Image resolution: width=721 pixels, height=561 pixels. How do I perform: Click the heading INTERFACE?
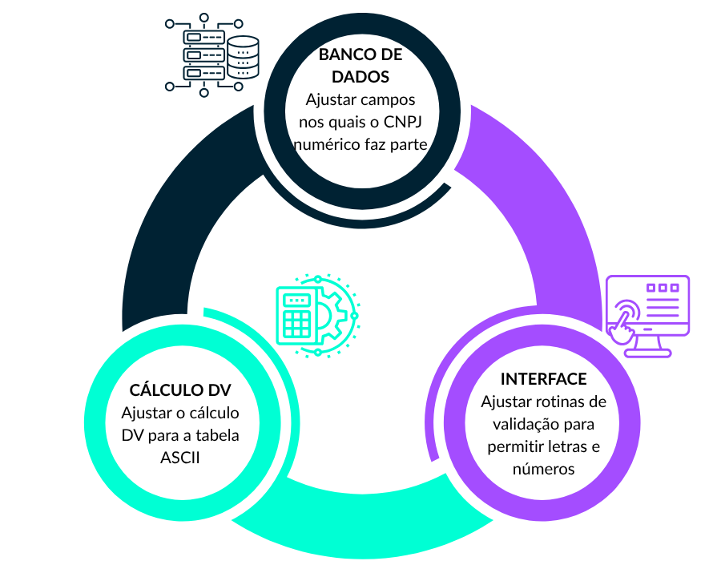pyautogui.click(x=543, y=379)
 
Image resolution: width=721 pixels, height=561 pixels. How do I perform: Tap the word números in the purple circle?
pyautogui.click(x=543, y=469)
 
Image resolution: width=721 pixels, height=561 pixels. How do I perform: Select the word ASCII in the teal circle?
pyautogui.click(x=180, y=458)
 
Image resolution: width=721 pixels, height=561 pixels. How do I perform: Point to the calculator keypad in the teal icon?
pyautogui.click(x=297, y=322)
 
